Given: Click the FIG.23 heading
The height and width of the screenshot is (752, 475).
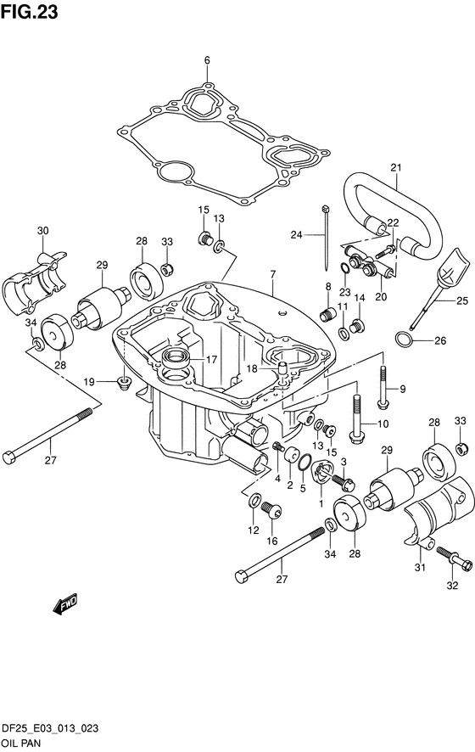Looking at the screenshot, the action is tap(29, 12).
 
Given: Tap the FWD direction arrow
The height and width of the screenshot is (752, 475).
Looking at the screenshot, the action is tap(64, 605).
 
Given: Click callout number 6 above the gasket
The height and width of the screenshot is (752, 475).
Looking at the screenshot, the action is tap(207, 60).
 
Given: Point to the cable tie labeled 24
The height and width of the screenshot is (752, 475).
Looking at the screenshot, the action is tap(326, 238).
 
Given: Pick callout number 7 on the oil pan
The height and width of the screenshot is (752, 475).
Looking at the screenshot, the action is tap(273, 275).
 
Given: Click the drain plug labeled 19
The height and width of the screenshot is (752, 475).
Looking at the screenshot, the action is tap(125, 383).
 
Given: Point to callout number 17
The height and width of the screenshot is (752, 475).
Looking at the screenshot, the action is tap(211, 359).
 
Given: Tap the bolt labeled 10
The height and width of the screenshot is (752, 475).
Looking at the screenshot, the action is tap(356, 419).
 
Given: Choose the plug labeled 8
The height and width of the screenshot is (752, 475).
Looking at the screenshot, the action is tap(326, 316).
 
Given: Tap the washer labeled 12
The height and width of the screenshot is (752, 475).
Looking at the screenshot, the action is tap(254, 501).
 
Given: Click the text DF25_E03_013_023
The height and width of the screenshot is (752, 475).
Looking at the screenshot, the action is tap(50, 728).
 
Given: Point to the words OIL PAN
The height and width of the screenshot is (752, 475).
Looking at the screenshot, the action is tap(21, 743).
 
